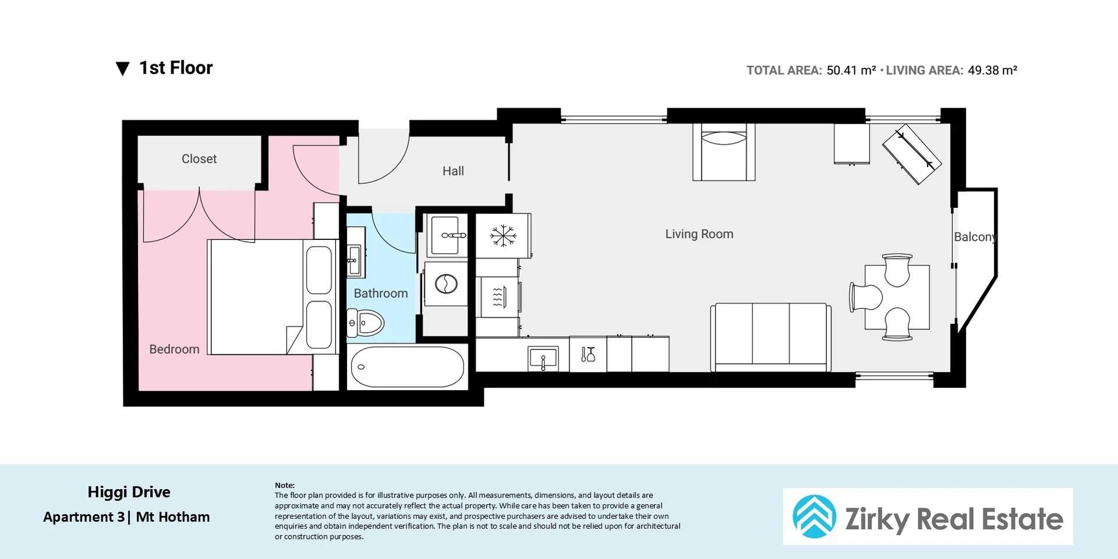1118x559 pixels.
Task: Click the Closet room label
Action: tap(199, 159)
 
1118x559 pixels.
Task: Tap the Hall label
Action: tap(453, 171)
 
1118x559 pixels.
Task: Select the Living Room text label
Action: tap(699, 234)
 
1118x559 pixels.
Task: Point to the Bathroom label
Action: tap(381, 293)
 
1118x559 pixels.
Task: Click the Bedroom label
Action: tap(174, 349)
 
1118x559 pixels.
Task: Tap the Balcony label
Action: tap(975, 237)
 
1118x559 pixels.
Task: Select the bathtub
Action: tap(407, 367)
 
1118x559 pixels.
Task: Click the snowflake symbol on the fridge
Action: tap(503, 236)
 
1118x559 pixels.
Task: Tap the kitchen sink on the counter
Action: tap(543, 358)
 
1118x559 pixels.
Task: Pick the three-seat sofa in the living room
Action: tap(770, 337)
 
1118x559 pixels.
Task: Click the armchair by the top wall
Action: tap(724, 152)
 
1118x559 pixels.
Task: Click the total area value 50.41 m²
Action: tap(851, 70)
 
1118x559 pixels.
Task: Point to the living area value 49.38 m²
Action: tap(992, 70)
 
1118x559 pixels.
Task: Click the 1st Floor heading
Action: tap(176, 68)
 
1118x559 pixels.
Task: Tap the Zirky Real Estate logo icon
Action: tap(814, 516)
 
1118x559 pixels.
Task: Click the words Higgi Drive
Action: tap(129, 492)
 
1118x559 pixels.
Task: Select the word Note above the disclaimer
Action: tap(284, 485)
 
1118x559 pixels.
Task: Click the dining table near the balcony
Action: tap(897, 297)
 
